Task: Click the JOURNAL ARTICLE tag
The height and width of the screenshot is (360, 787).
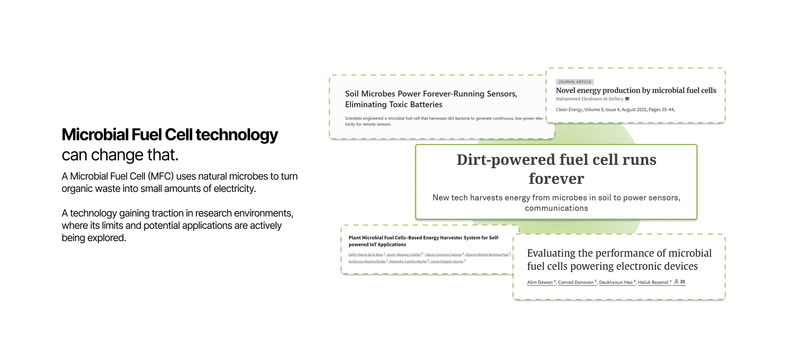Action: [x=574, y=82]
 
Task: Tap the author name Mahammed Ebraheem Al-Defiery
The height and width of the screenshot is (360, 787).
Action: [x=589, y=99]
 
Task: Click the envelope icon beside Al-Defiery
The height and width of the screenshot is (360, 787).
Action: [x=627, y=99]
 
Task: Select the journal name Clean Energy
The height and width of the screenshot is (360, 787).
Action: [x=569, y=110]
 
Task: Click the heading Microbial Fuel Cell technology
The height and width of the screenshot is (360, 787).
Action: [x=169, y=135]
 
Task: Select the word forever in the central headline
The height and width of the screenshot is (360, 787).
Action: [x=556, y=179]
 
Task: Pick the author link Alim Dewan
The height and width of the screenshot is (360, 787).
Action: [x=540, y=282]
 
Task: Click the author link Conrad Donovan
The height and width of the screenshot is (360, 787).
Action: [x=575, y=282]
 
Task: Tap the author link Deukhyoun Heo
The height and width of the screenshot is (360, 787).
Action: [x=616, y=282]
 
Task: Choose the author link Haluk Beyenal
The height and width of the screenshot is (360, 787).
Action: [x=653, y=282]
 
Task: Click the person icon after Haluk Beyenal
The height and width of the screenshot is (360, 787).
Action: [x=676, y=282]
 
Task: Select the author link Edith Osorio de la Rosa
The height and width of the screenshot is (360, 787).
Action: [x=365, y=255]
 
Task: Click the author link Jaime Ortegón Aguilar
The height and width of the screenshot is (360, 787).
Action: [x=447, y=262]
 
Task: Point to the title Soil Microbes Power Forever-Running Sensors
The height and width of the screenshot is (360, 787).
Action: [x=431, y=94]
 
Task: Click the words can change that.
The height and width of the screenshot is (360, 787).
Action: [x=120, y=155]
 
